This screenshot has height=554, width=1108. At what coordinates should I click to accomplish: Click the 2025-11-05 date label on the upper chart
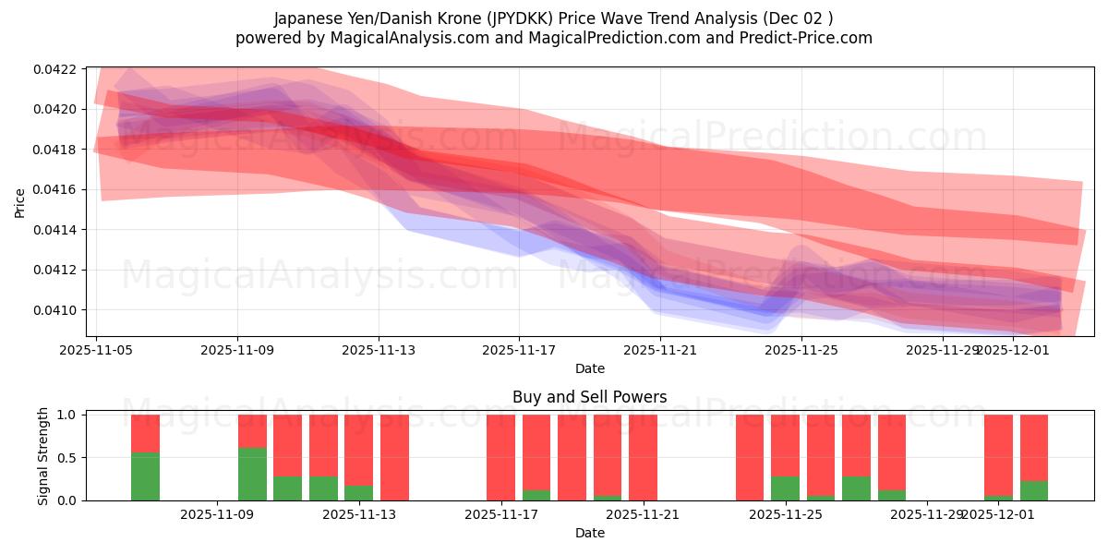(x=96, y=350)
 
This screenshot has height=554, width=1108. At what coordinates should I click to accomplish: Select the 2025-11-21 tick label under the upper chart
(x=660, y=350)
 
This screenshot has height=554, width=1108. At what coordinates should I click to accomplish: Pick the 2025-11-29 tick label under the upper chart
(x=943, y=350)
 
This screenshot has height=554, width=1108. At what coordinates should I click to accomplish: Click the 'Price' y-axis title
(x=20, y=202)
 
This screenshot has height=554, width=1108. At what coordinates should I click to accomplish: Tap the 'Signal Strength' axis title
(x=42, y=457)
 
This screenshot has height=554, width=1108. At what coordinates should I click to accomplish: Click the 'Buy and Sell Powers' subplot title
(x=589, y=398)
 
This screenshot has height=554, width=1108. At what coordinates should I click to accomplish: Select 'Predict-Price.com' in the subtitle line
(x=801, y=38)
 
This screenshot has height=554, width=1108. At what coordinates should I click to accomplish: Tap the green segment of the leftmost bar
(x=145, y=476)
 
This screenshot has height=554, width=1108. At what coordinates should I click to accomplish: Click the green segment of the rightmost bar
(x=1033, y=490)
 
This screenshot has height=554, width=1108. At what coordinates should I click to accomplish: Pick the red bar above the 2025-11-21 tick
(x=643, y=457)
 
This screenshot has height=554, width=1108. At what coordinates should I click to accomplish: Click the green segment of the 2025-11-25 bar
(x=785, y=488)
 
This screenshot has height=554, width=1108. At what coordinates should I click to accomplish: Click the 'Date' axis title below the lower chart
(x=589, y=533)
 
